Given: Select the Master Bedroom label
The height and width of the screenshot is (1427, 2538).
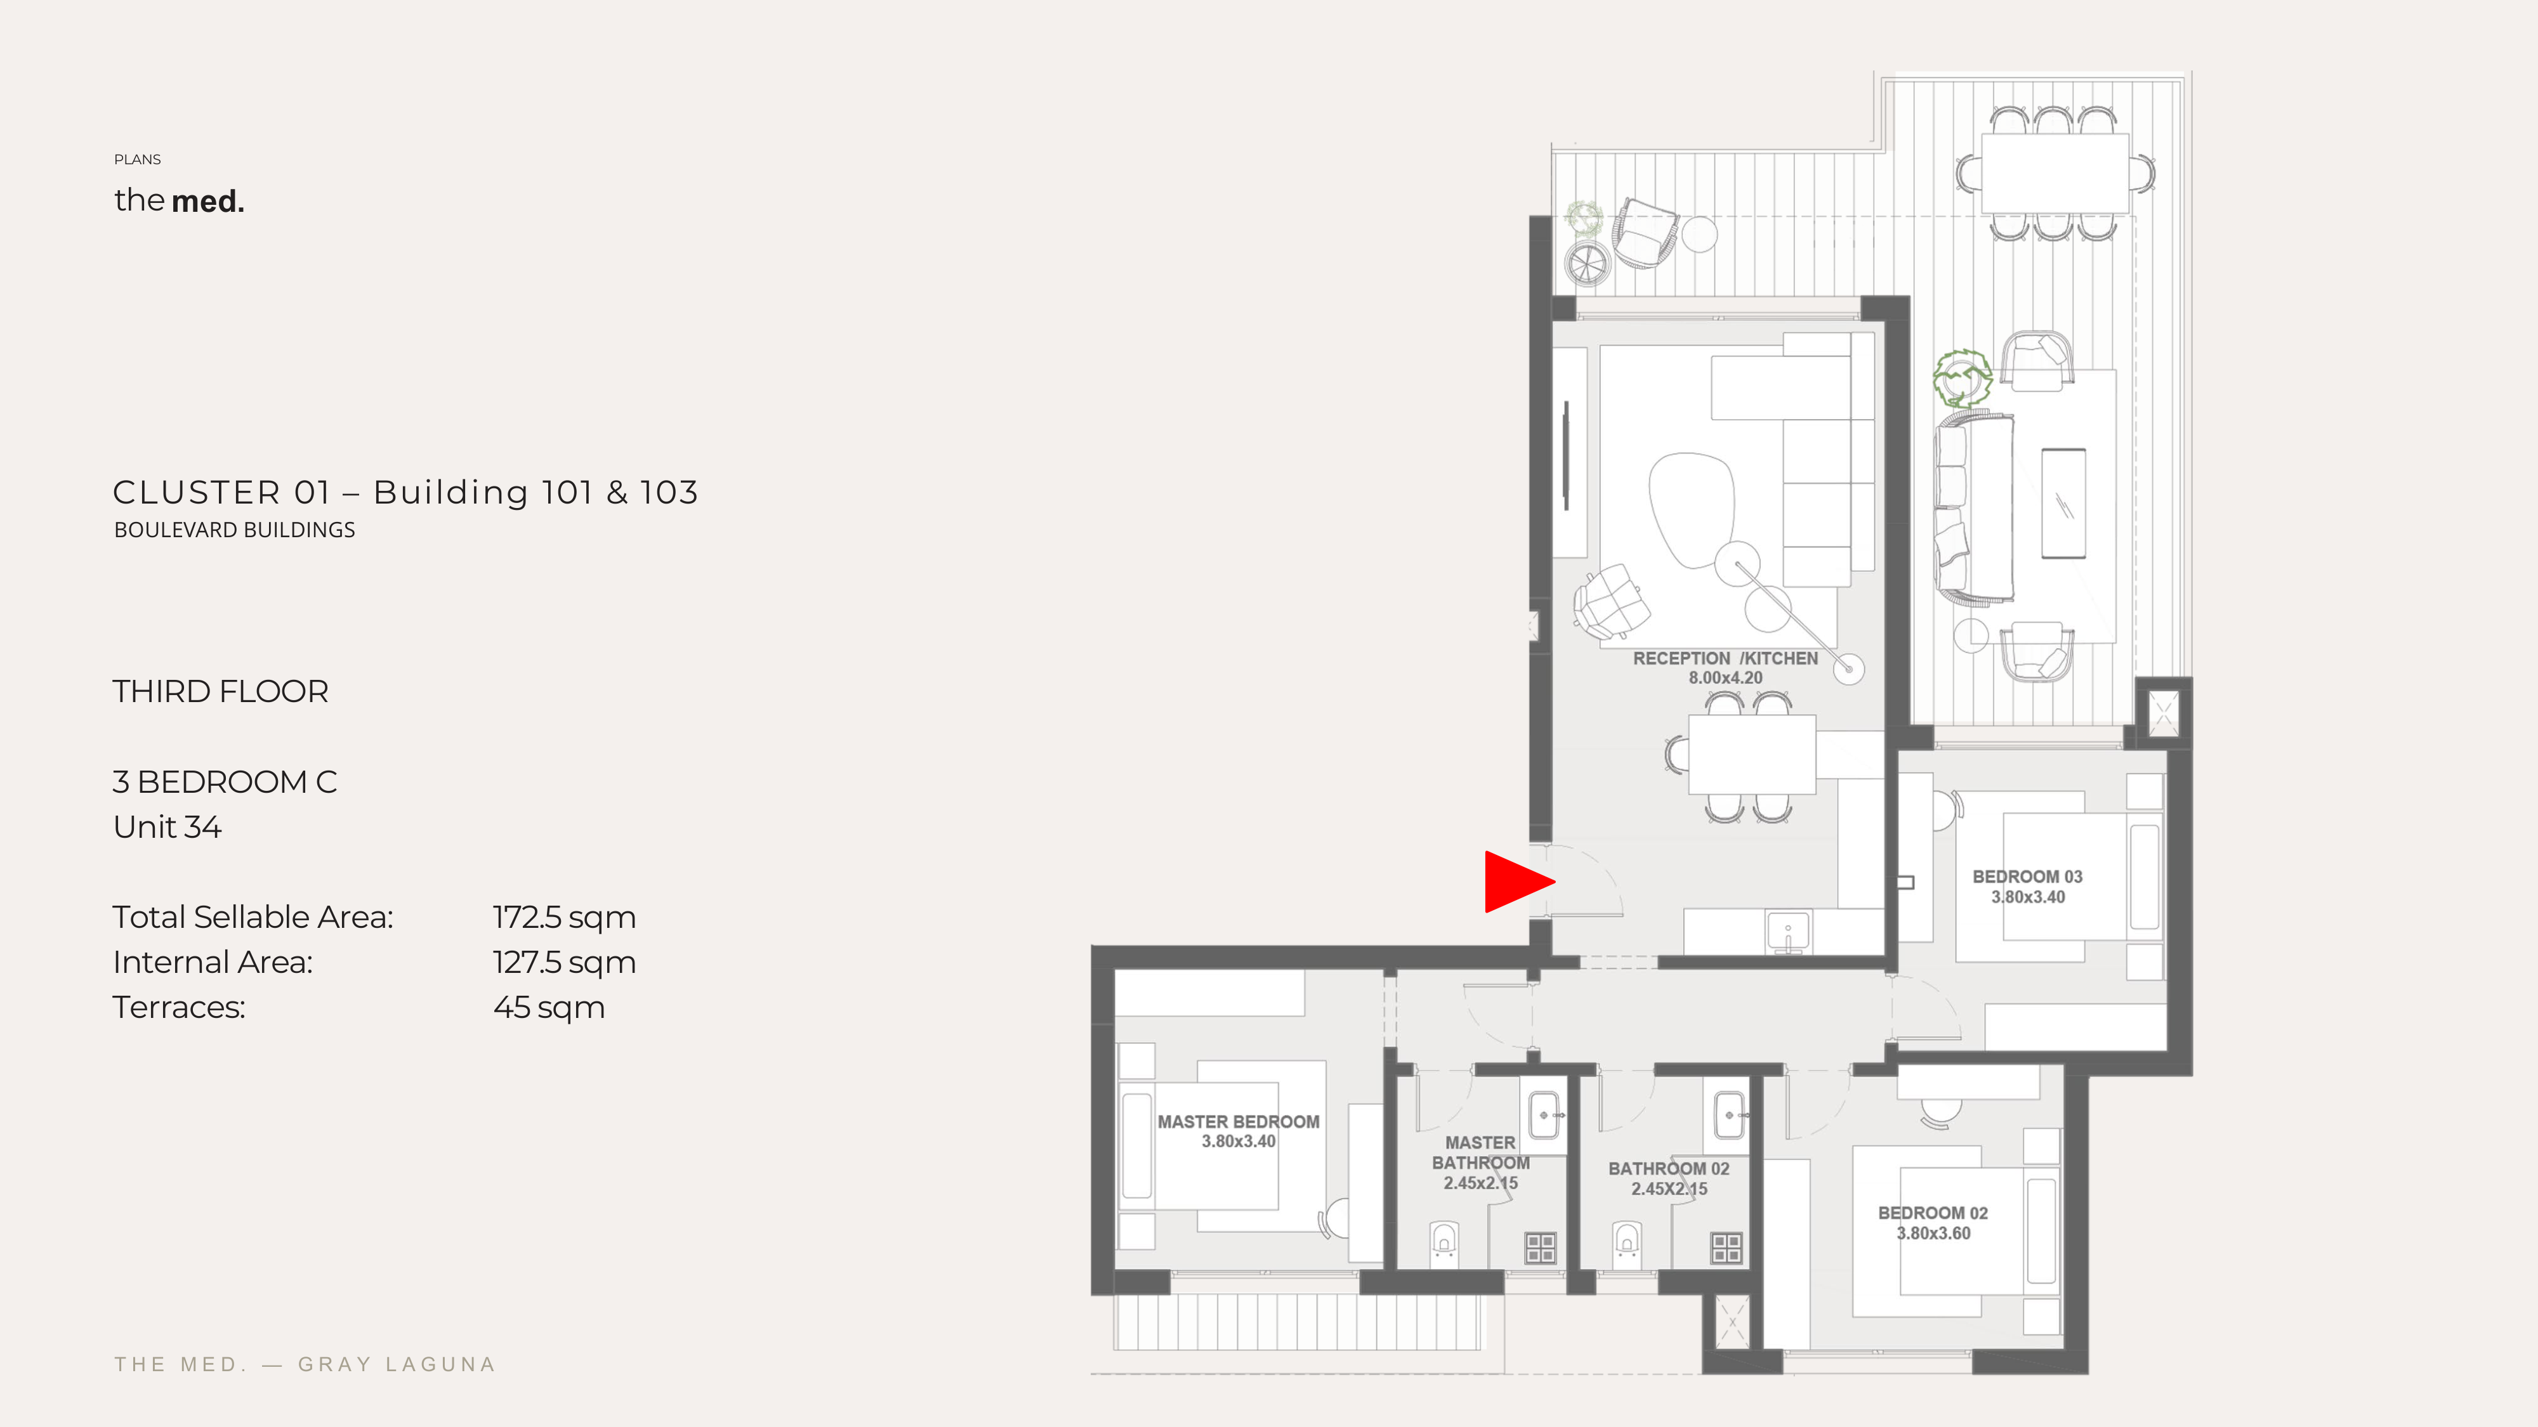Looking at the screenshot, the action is [x=1239, y=1131].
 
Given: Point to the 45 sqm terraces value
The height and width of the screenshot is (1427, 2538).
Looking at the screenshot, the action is [x=549, y=1008].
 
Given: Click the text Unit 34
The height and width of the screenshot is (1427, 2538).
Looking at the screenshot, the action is [x=168, y=827].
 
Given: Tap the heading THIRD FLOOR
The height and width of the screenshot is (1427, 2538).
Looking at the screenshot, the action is [x=221, y=691].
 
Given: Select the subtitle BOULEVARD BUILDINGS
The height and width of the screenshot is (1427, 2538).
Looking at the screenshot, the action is [x=235, y=530].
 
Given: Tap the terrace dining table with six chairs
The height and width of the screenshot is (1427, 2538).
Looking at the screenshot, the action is [x=2055, y=173].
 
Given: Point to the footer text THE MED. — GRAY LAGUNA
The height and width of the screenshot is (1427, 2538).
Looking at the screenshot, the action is [x=305, y=1365].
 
